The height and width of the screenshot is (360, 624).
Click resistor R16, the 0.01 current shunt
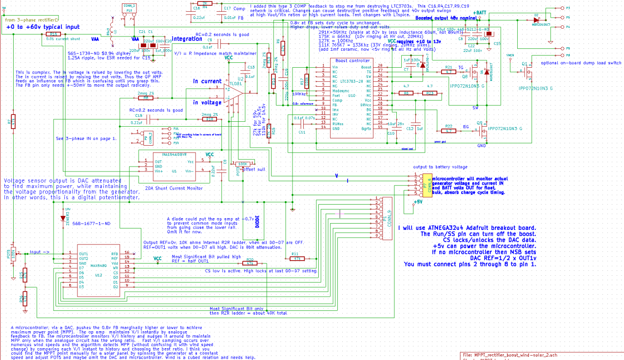(x=53, y=35)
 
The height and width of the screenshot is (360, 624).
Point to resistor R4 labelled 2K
(x=205, y=3)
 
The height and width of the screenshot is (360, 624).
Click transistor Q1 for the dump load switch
(x=528, y=73)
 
